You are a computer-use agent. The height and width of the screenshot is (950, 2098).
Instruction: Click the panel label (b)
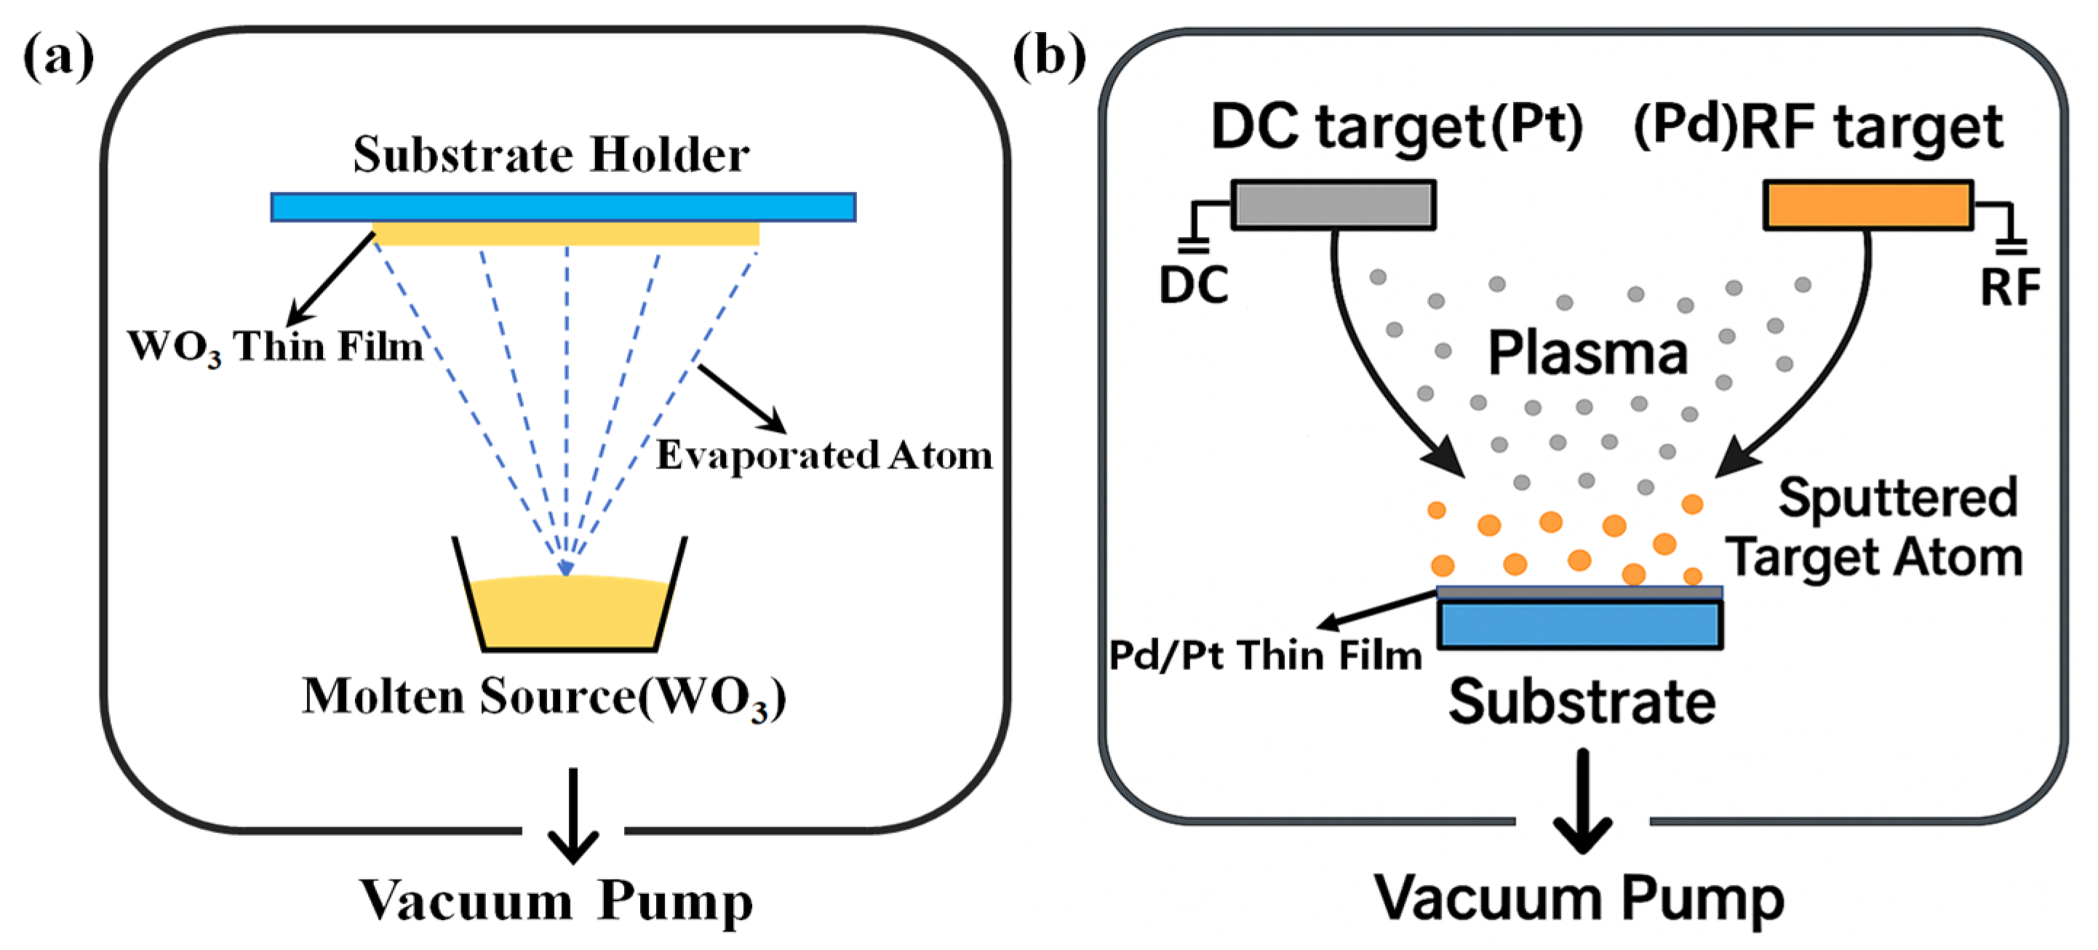tap(1048, 57)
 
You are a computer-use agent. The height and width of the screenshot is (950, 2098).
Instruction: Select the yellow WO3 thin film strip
tap(566, 234)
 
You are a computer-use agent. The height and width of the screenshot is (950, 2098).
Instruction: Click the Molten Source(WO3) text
tap(543, 698)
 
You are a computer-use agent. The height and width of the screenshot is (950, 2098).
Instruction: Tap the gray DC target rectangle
tap(1333, 204)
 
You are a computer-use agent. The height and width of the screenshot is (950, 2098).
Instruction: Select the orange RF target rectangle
tap(1867, 205)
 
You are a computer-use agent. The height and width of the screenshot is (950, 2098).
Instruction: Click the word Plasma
tap(1587, 354)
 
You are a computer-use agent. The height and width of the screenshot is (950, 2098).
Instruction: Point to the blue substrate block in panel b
tap(1579, 624)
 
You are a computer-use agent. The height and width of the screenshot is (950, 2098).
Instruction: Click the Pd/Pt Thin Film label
tap(1265, 655)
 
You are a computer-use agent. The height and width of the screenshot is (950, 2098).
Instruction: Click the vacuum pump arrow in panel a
tap(573, 814)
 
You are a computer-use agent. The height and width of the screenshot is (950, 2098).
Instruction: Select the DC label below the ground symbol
tap(1193, 286)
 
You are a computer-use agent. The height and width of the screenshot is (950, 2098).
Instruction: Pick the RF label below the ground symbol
tap(2010, 287)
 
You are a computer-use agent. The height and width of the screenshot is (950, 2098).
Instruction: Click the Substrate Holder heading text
tap(551, 155)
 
